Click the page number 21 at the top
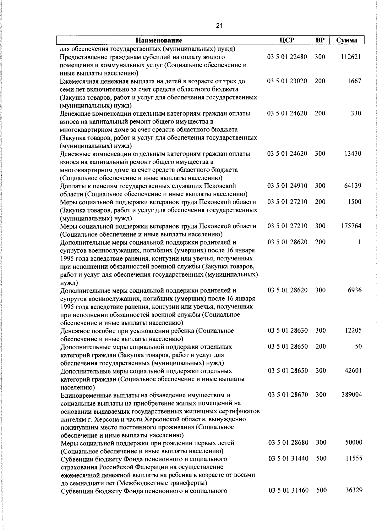[x=219, y=26]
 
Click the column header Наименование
[x=159, y=40]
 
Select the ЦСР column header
[x=286, y=40]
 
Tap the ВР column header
[x=320, y=40]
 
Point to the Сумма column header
[x=347, y=40]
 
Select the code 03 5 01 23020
[x=287, y=81]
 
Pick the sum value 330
[x=356, y=113]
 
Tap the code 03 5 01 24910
[x=287, y=185]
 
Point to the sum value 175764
[x=351, y=226]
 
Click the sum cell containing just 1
[x=359, y=242]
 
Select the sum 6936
[x=355, y=290]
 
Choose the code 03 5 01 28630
[x=287, y=330]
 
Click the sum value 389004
[x=352, y=395]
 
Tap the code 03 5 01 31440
[x=288, y=458]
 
